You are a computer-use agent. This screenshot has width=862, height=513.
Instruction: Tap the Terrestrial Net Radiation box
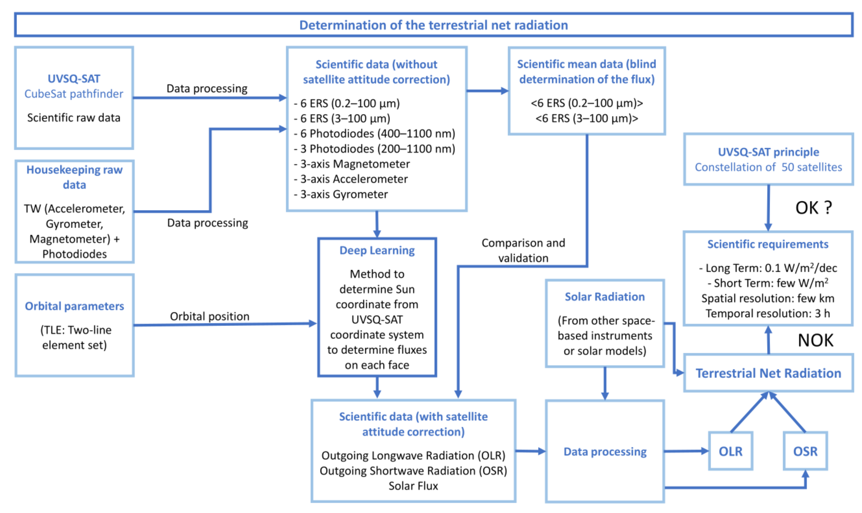pyautogui.click(x=768, y=373)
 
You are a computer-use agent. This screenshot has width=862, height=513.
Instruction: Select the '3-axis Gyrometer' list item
pyautogui.click(x=344, y=194)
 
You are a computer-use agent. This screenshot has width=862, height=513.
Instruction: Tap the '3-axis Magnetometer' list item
pyautogui.click(x=355, y=164)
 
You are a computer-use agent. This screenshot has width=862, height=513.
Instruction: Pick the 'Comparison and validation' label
pyautogui.click(x=523, y=250)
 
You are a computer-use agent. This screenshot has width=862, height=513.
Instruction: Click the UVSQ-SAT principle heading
pyautogui.click(x=768, y=152)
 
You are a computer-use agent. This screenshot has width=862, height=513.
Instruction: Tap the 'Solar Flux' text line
pyautogui.click(x=413, y=486)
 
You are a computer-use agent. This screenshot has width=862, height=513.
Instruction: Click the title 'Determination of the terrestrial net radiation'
pyautogui.click(x=433, y=25)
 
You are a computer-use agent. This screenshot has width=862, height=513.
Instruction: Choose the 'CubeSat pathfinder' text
pyautogui.click(x=73, y=94)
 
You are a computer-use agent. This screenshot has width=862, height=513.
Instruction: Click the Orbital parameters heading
pyautogui.click(x=74, y=306)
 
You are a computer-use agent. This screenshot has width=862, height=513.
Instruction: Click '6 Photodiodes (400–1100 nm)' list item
pyautogui.click(x=377, y=133)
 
